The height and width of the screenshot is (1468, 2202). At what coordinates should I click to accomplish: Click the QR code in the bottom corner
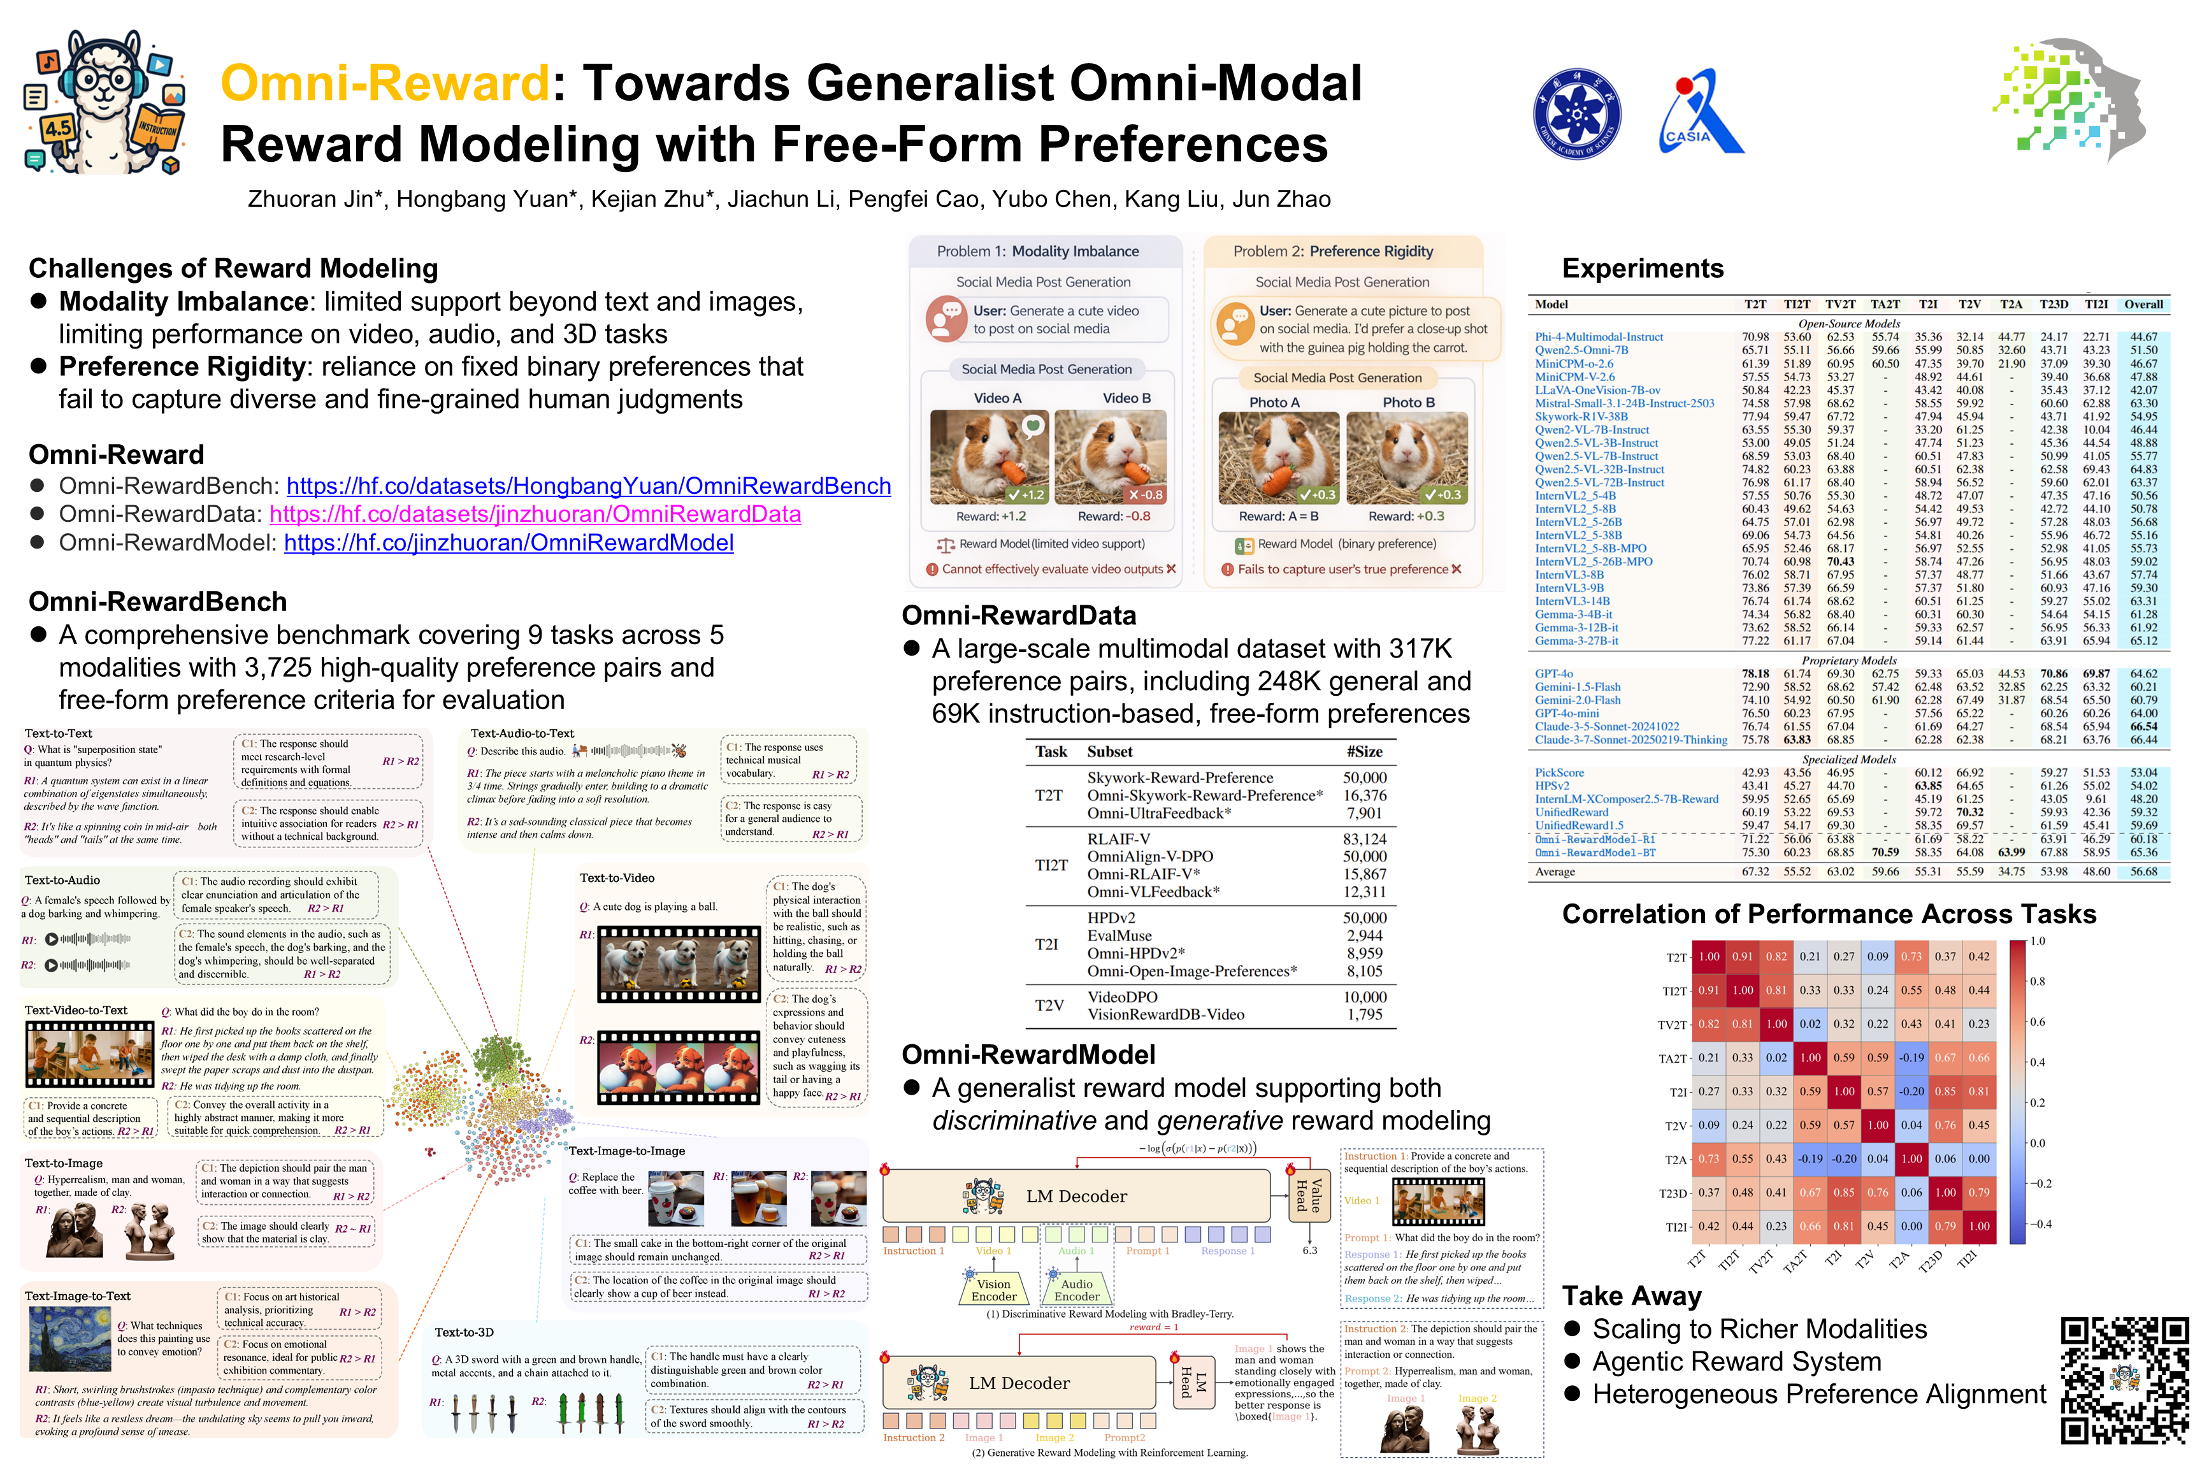click(x=2124, y=1380)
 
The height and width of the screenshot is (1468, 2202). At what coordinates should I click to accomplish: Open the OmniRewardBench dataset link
click(x=588, y=486)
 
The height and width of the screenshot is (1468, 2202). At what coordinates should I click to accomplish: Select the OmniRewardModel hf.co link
click(x=508, y=543)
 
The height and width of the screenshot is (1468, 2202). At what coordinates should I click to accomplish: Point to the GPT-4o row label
click(x=1553, y=673)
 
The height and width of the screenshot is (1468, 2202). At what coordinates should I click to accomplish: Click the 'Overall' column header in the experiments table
click(x=2143, y=305)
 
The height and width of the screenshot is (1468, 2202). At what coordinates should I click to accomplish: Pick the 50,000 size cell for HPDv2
click(x=1364, y=917)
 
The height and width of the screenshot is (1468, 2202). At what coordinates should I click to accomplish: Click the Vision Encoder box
click(x=993, y=1290)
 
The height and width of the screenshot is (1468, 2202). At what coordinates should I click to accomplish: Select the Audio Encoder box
click(x=1077, y=1290)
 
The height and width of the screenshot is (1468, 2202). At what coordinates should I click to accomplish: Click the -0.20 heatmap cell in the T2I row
click(x=1911, y=1091)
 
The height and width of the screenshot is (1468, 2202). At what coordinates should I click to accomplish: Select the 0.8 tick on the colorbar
click(x=2037, y=981)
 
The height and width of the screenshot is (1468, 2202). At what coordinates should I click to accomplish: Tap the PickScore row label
click(x=1559, y=772)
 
